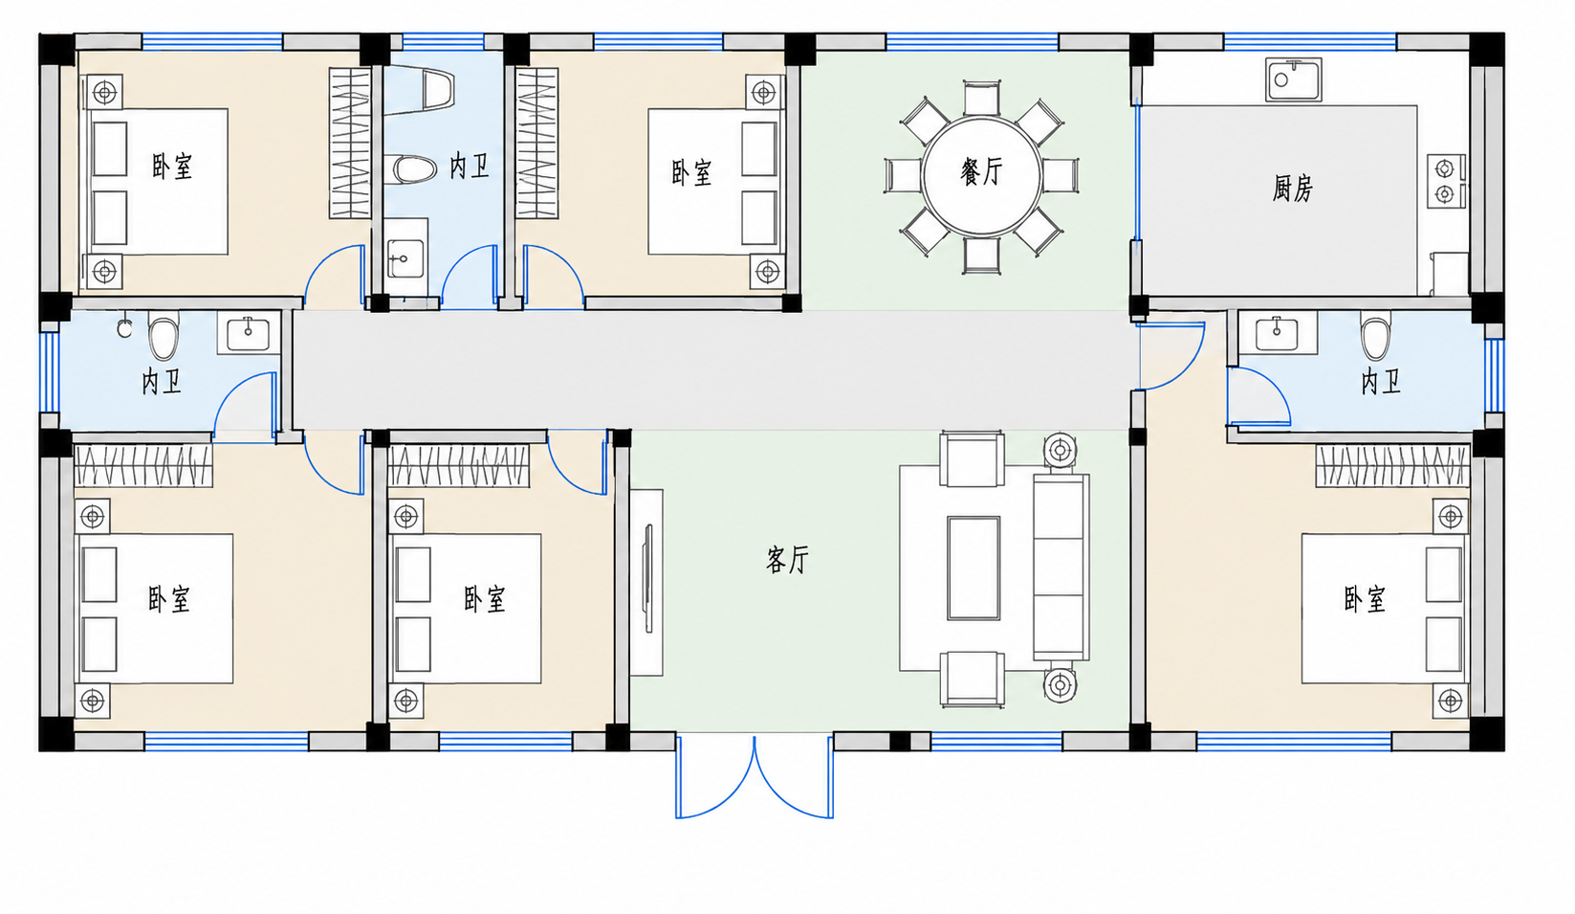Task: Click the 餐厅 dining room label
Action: pos(981,171)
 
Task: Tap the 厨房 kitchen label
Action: pos(1292,189)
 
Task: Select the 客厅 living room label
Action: pos(788,560)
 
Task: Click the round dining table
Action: pos(981,175)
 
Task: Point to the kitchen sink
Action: pos(1293,79)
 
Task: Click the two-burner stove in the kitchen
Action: pos(1446,182)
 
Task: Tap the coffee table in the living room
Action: pos(973,568)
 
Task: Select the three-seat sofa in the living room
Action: pos(1061,568)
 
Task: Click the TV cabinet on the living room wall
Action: pos(646,583)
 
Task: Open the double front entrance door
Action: pos(755,777)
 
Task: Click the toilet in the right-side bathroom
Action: pos(1375,336)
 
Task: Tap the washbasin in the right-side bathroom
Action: pos(1277,332)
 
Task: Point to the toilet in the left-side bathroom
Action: pos(164,336)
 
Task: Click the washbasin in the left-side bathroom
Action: pos(249,333)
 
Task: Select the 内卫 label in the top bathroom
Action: pos(470,167)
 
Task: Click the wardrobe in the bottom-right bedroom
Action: pos(1392,465)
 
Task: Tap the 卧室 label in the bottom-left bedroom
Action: pos(168,599)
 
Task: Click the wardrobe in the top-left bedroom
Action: pos(350,143)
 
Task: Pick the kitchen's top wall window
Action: pos(1310,41)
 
